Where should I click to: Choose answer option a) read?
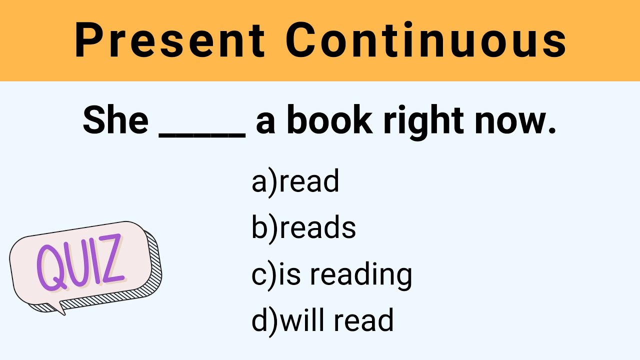tap(295, 181)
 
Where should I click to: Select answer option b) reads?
tap(303, 228)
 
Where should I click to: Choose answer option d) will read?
tap(322, 320)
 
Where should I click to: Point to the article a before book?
tap(265, 123)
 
